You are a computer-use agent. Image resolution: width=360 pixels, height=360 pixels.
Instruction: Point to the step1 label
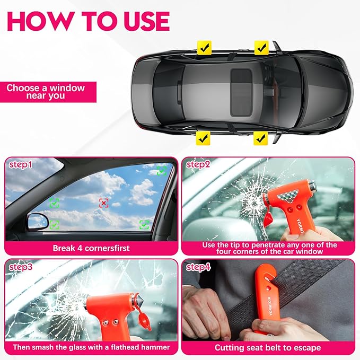[x=21, y=165]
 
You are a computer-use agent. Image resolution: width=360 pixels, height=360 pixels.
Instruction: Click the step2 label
[x=198, y=165]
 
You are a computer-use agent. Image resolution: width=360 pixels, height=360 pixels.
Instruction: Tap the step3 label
[x=21, y=267]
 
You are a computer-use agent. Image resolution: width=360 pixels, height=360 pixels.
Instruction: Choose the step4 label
[x=198, y=267]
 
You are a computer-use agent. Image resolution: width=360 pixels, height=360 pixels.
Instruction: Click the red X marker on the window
[x=104, y=203]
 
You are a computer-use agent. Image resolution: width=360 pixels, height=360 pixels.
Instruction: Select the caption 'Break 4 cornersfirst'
[x=91, y=248]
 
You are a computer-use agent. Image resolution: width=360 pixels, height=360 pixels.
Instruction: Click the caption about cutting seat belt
[x=267, y=347]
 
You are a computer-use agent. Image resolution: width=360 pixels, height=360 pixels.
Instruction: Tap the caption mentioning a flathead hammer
[x=91, y=347]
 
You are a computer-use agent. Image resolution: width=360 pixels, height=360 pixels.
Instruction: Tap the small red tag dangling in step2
[x=269, y=218]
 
